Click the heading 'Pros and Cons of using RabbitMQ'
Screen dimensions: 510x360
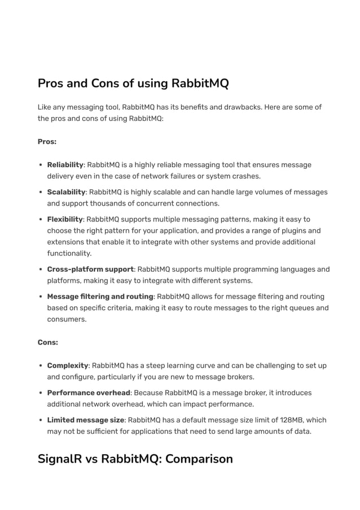click(x=133, y=84)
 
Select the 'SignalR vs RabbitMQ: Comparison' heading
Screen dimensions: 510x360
click(x=135, y=458)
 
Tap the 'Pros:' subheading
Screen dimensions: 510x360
click(x=47, y=141)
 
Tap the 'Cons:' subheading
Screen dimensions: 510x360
click(x=48, y=342)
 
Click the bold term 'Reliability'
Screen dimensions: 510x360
click(x=65, y=165)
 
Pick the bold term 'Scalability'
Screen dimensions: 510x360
click(x=66, y=192)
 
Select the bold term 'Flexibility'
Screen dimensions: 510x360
click(x=65, y=219)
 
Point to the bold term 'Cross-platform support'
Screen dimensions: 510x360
click(x=90, y=269)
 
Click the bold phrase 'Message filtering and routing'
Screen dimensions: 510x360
click(x=100, y=297)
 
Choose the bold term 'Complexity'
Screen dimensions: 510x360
click(x=68, y=365)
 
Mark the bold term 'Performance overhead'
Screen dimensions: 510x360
click(x=89, y=393)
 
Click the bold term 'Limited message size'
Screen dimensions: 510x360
click(x=86, y=420)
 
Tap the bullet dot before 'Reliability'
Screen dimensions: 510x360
click(x=41, y=165)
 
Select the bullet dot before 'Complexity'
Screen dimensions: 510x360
click(x=41, y=365)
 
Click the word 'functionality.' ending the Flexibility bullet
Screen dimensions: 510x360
click(x=69, y=254)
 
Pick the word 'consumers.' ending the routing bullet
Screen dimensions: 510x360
click(x=67, y=319)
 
